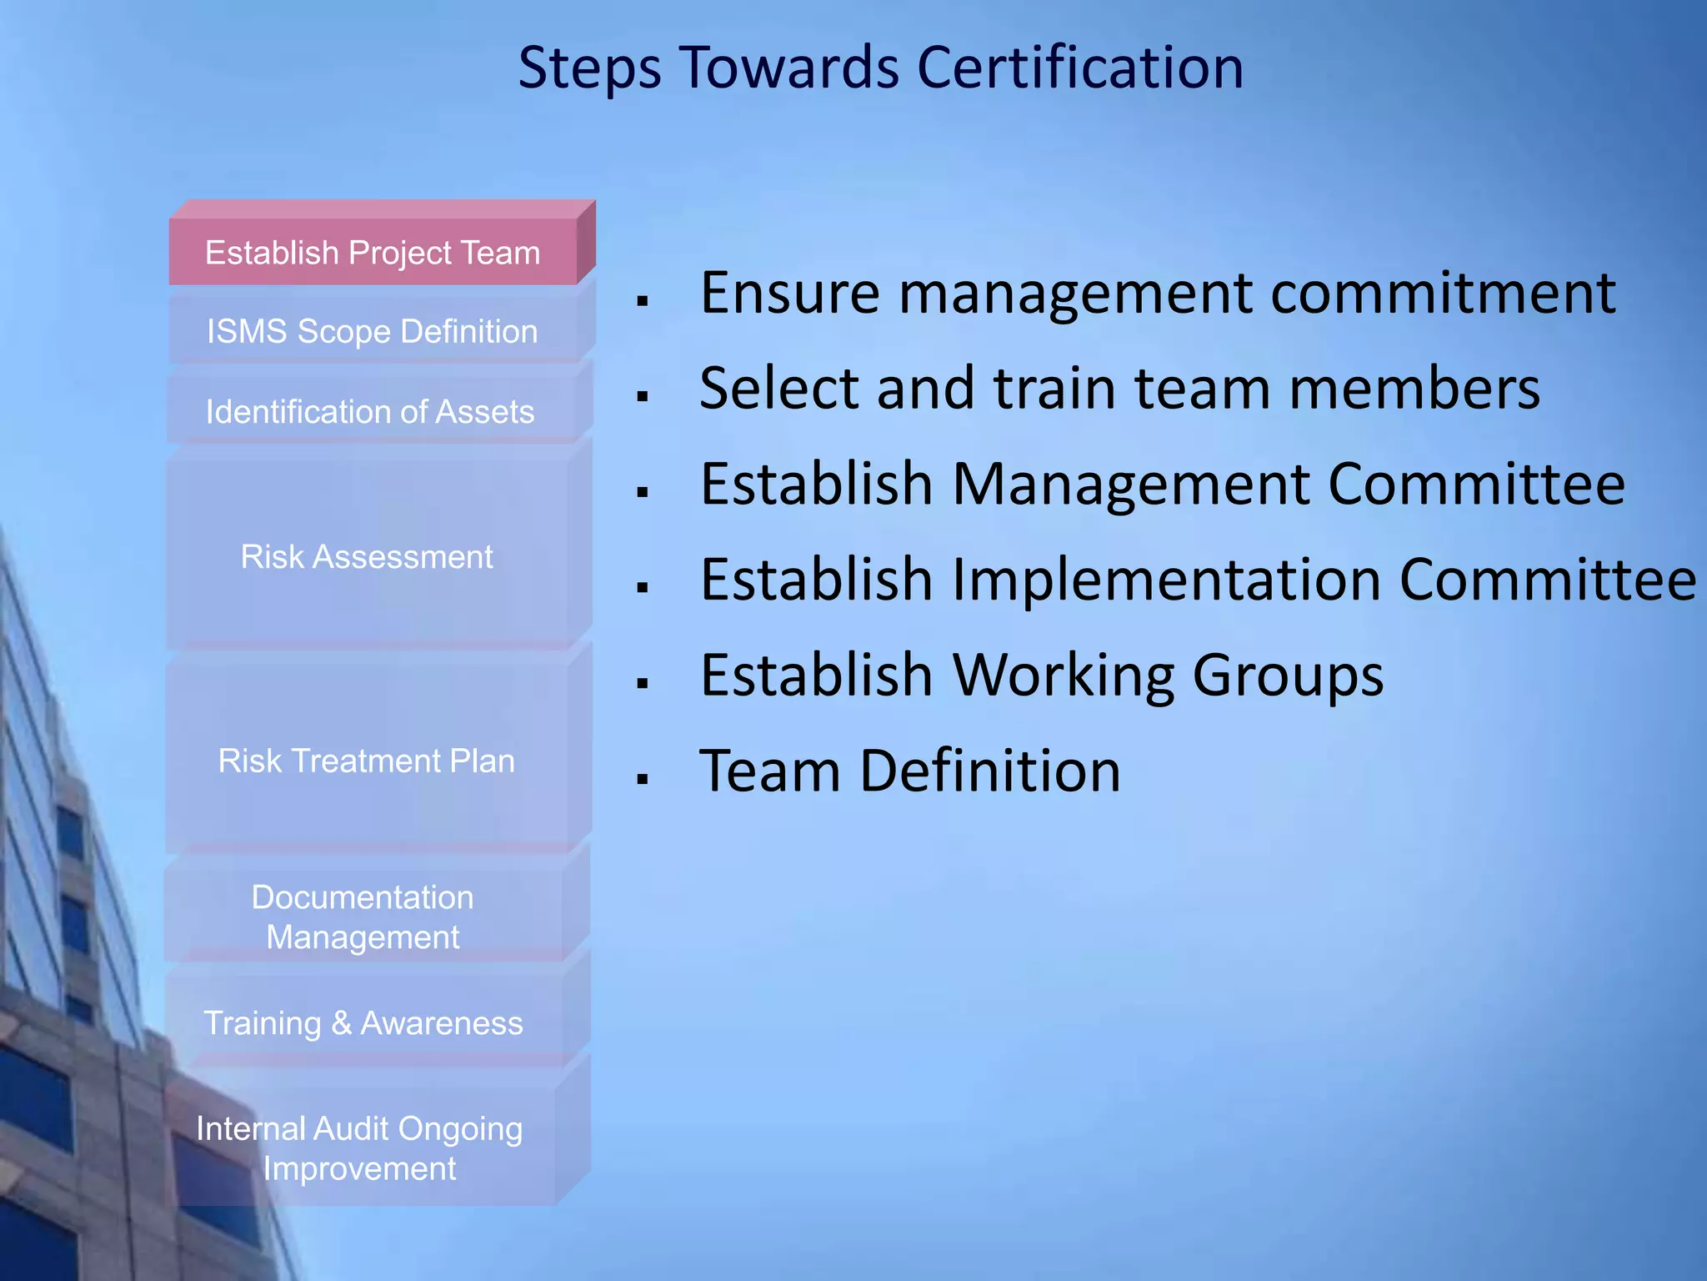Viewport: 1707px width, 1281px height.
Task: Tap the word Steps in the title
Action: (x=589, y=68)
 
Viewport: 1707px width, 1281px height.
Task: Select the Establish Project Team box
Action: (x=373, y=252)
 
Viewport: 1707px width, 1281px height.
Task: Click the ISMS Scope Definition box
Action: (x=372, y=331)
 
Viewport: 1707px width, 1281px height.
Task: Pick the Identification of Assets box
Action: (x=370, y=411)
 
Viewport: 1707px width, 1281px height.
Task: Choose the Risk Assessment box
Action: (x=367, y=556)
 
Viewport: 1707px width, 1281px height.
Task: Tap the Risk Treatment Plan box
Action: (x=366, y=761)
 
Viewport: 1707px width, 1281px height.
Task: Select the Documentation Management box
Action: (x=363, y=917)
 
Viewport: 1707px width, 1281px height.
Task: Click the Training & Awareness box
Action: (x=363, y=1022)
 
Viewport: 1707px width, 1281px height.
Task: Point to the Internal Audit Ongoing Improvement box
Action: (x=359, y=1148)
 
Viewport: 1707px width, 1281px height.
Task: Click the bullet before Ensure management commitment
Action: (x=642, y=300)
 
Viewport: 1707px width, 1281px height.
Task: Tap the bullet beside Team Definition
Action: (x=642, y=779)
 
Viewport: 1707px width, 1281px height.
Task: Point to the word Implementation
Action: (x=1165, y=580)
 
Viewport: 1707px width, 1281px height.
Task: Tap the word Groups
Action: (x=1288, y=676)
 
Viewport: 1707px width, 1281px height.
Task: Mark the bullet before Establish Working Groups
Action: (x=642, y=683)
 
